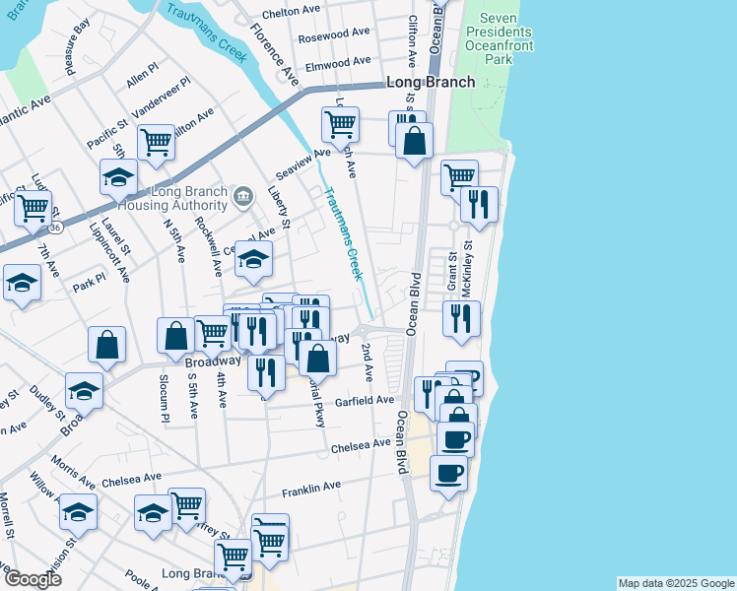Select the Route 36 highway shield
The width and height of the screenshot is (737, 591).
pyautogui.click(x=57, y=228)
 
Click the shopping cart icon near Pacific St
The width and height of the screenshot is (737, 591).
pyautogui.click(x=157, y=142)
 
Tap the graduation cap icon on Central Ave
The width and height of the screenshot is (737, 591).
pyautogui.click(x=254, y=259)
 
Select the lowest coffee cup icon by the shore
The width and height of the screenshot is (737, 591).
pyautogui.click(x=449, y=472)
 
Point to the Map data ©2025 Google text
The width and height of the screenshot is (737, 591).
pyautogui.click(x=675, y=583)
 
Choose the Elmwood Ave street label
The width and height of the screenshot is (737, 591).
pyautogui.click(x=337, y=61)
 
